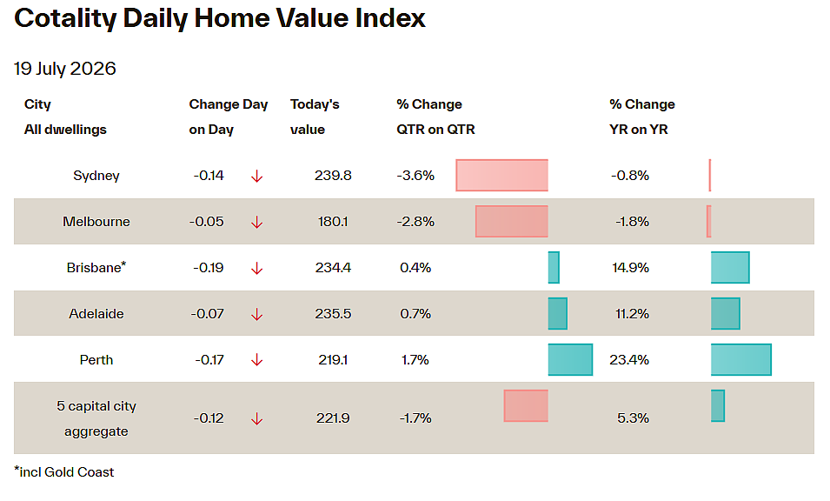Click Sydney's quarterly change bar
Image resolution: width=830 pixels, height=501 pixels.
point(501,176)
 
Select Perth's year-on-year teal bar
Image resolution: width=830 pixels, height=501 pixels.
point(741,359)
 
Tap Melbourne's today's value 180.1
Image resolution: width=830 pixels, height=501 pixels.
point(333,222)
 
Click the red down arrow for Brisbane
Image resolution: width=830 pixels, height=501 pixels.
point(256,269)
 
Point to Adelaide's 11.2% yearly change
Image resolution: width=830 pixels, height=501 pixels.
point(632,313)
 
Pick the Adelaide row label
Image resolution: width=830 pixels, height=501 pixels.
point(96,313)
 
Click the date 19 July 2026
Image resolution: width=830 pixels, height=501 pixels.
point(64,69)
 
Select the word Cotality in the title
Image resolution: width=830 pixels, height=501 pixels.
point(64,18)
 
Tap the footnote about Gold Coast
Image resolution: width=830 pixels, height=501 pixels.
point(64,472)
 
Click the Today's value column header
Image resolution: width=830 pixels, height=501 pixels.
point(315,117)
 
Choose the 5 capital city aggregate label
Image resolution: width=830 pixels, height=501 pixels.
point(96,418)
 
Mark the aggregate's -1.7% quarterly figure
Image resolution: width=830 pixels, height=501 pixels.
point(415,418)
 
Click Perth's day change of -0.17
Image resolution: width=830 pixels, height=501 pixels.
point(209,360)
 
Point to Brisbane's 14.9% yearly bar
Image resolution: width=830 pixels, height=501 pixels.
point(730,267)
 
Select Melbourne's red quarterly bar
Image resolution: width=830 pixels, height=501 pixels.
point(512,222)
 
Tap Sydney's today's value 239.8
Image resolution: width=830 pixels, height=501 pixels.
point(333,176)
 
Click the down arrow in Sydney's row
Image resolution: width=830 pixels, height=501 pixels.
point(256,177)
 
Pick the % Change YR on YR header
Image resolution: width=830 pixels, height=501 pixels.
point(642,117)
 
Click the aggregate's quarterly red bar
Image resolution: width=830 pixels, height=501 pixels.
point(526,405)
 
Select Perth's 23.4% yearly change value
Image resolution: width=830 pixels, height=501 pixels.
point(629,360)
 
